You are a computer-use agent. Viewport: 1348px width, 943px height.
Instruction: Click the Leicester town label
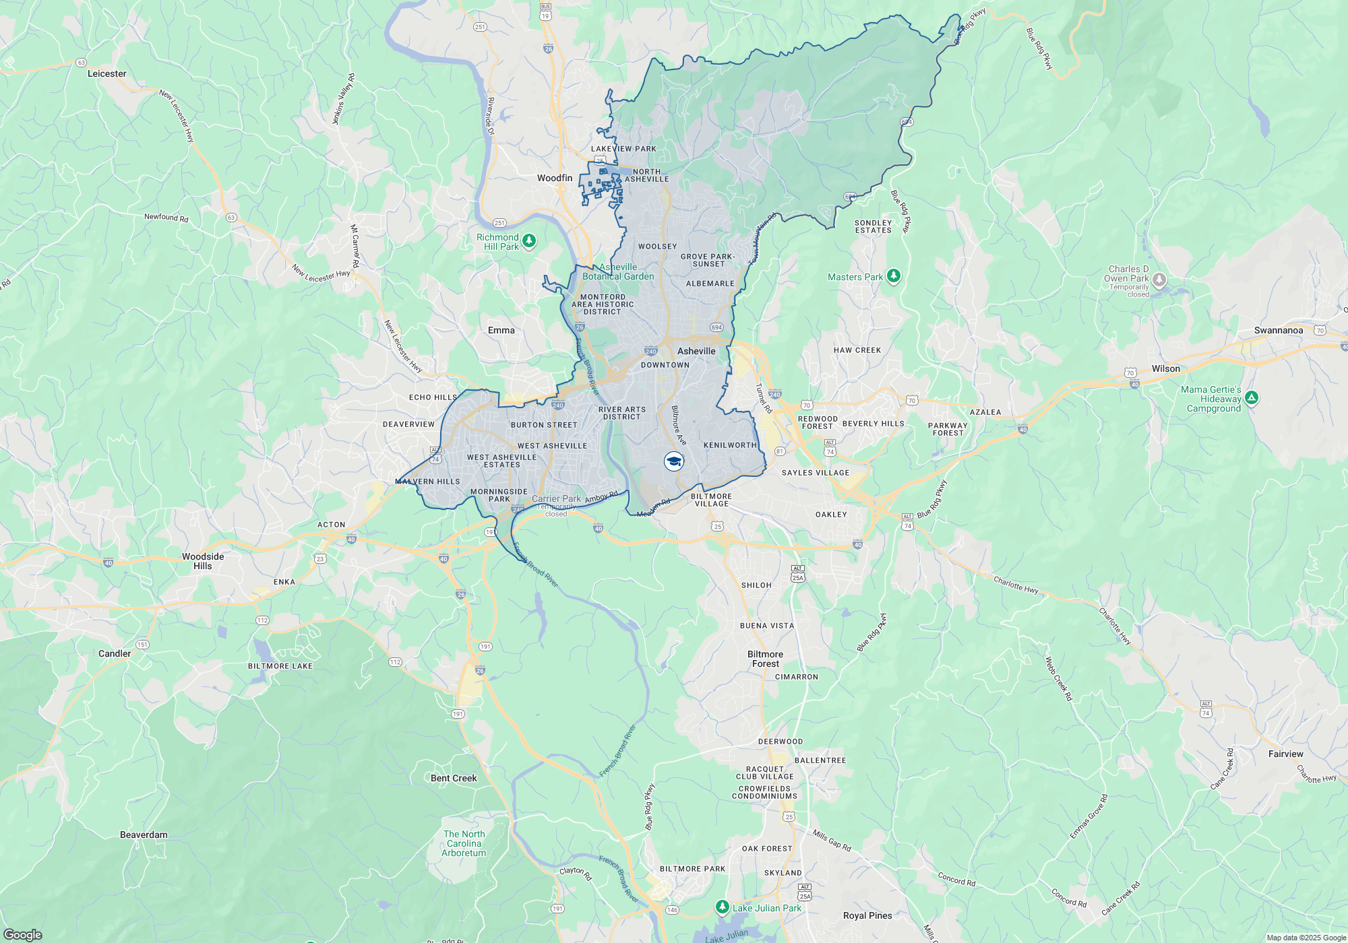106,73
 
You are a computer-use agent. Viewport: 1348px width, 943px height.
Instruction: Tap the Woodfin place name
555,178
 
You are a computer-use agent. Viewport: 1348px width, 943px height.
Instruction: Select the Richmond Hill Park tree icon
529,240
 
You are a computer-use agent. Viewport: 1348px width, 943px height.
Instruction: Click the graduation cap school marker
673,461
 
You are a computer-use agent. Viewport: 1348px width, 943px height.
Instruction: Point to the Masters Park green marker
893,275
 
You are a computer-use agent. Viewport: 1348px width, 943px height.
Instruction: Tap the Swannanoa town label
1278,330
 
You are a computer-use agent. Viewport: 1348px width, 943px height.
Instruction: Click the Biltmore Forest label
765,659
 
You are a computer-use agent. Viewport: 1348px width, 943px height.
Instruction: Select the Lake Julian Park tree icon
722,907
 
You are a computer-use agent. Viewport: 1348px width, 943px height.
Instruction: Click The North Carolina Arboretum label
464,843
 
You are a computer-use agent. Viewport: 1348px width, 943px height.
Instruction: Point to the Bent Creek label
454,778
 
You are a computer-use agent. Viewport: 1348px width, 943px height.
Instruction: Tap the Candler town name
115,653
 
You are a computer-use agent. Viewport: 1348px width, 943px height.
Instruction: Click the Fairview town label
1285,754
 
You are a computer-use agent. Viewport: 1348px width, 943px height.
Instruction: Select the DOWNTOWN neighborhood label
665,365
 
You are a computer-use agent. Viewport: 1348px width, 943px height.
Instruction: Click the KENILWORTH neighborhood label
730,445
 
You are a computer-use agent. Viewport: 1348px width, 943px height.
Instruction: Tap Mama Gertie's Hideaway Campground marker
1251,398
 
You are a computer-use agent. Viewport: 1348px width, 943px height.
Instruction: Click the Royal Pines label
867,915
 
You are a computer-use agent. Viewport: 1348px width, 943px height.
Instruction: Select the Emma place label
501,330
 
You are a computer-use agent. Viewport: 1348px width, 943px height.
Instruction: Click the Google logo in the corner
22,934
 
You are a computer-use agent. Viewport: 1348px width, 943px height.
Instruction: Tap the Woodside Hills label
203,561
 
